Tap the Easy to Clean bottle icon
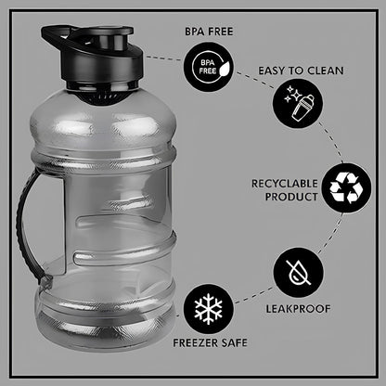[298, 103]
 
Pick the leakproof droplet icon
[298, 271]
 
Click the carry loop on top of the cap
[58, 38]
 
